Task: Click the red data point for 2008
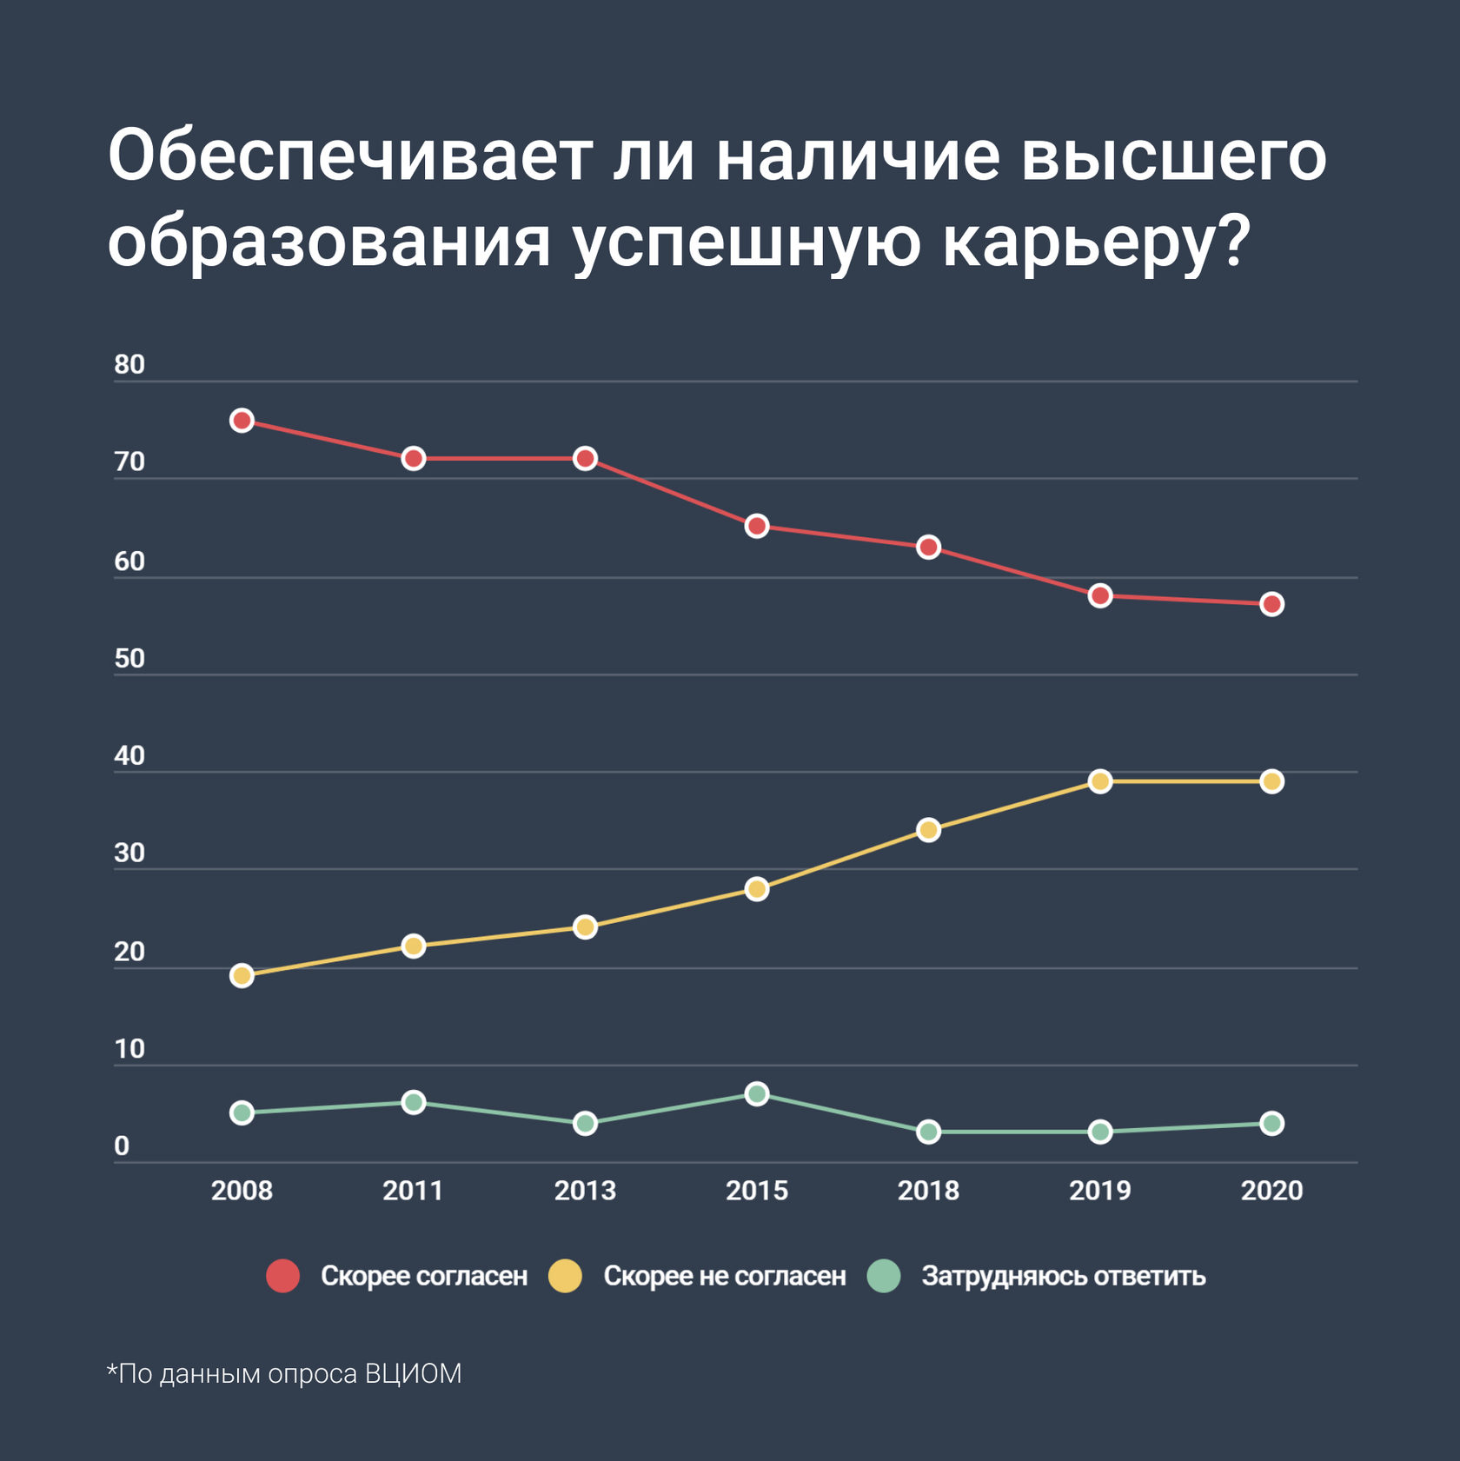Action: [x=242, y=421]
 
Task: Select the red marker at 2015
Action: [x=757, y=526]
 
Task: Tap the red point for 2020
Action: [x=1271, y=604]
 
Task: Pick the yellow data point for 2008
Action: [x=242, y=975]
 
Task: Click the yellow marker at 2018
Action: [x=928, y=830]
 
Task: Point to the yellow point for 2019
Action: [x=1100, y=781]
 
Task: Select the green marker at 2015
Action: [x=757, y=1093]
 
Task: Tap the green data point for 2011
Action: [x=414, y=1102]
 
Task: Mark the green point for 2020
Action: [x=1271, y=1123]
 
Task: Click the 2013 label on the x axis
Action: [x=585, y=1190]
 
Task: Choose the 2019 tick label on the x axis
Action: [x=1100, y=1190]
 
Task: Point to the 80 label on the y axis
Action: [x=129, y=365]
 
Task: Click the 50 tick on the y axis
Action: [x=129, y=659]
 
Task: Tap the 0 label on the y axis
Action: [x=122, y=1146]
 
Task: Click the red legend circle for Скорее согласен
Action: [x=282, y=1276]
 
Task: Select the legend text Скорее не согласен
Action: [x=724, y=1276]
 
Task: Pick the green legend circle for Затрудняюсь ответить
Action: [x=884, y=1276]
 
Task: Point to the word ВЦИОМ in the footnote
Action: [x=414, y=1373]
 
